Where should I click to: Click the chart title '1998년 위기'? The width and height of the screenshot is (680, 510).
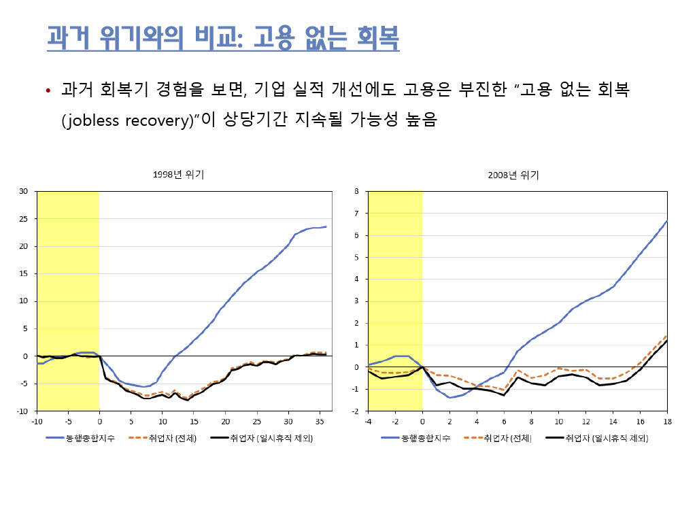[x=179, y=175]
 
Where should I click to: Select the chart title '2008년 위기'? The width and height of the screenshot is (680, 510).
[x=513, y=175]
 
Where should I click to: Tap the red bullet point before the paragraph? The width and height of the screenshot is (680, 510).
[x=48, y=91]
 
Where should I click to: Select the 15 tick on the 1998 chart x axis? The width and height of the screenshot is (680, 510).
[x=194, y=421]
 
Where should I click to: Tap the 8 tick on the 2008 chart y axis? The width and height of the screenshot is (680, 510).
[x=356, y=191]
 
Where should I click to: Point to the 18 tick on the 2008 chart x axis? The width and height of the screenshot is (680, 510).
[x=666, y=421]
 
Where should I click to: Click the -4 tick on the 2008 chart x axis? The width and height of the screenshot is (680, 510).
[x=368, y=421]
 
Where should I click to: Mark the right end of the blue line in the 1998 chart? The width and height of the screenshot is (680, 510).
[x=326, y=227]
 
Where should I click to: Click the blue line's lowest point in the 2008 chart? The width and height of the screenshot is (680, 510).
[x=449, y=397]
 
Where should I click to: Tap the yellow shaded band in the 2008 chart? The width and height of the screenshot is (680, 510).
[x=395, y=299]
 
